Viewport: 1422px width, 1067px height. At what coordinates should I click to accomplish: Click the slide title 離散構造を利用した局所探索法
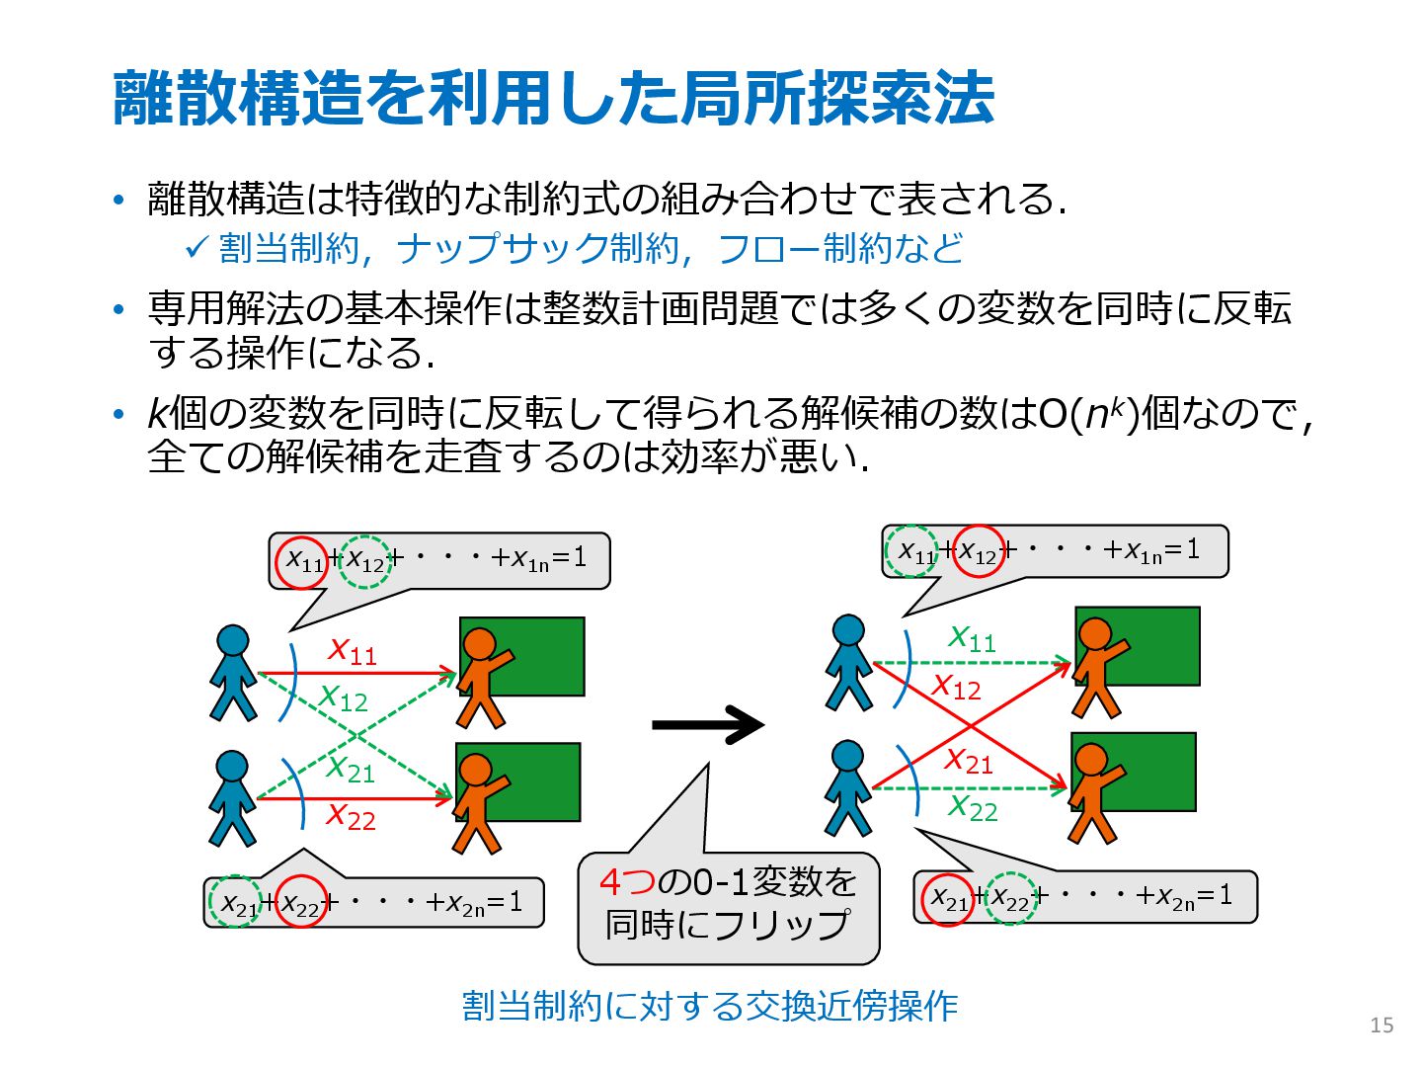pyautogui.click(x=553, y=99)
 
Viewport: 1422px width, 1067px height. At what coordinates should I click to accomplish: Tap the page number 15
pyautogui.click(x=1382, y=1026)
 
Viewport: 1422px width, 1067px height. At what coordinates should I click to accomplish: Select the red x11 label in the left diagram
pyautogui.click(x=353, y=651)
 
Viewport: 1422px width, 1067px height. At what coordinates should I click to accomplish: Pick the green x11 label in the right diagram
pyautogui.click(x=972, y=638)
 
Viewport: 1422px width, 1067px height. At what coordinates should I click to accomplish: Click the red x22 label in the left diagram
pyautogui.click(x=352, y=817)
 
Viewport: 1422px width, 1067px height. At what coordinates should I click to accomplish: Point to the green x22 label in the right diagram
pyautogui.click(x=973, y=807)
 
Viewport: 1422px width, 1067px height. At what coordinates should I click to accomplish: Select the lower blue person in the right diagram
pyautogui.click(x=848, y=787)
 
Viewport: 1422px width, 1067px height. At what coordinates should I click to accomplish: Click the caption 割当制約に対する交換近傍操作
pyautogui.click(x=710, y=1006)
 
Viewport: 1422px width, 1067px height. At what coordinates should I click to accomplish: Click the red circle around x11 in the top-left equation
pyautogui.click(x=302, y=561)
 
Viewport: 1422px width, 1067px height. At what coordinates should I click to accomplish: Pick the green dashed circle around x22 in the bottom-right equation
pyautogui.click(x=1010, y=898)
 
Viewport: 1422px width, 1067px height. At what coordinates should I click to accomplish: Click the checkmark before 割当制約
pyautogui.click(x=196, y=247)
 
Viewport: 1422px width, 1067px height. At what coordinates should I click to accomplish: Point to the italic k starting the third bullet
pyautogui.click(x=156, y=413)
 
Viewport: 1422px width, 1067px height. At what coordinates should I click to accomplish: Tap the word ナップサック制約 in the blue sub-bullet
pyautogui.click(x=538, y=248)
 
